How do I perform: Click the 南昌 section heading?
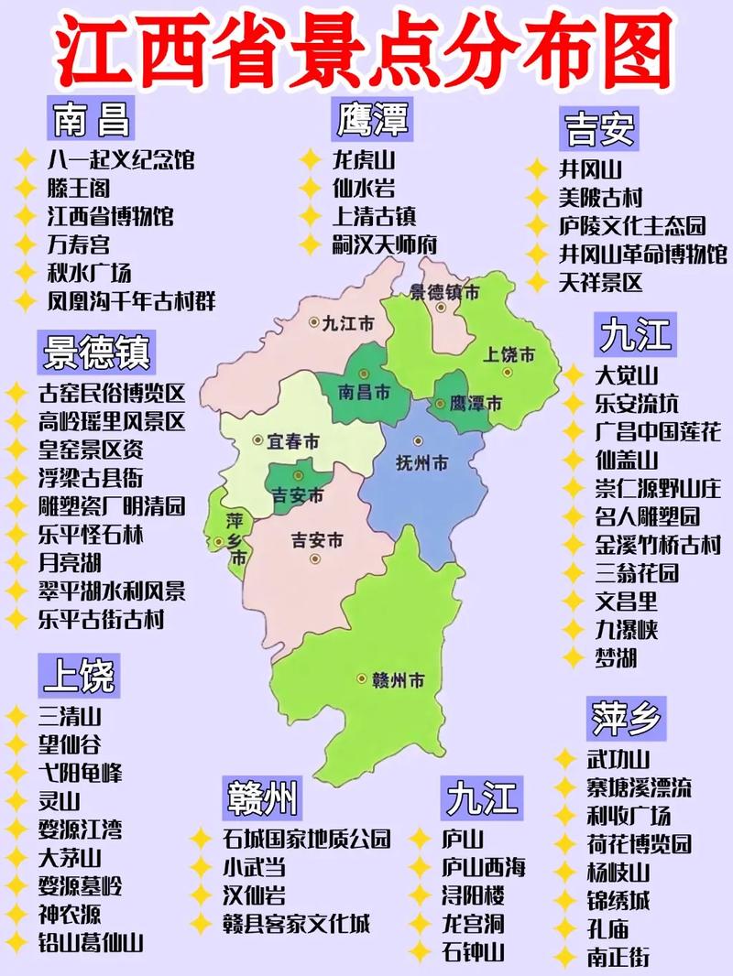tap(90, 119)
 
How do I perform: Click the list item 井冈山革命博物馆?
tap(642, 254)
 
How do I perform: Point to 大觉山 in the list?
tap(627, 375)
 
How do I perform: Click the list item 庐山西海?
tap(484, 867)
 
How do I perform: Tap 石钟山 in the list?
tap(473, 951)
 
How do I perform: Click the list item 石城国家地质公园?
tap(306, 838)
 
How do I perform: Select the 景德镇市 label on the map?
tap(444, 293)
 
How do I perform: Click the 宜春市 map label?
tap(293, 441)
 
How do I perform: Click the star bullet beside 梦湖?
tap(572, 657)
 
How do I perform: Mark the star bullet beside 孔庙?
tap(565, 928)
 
